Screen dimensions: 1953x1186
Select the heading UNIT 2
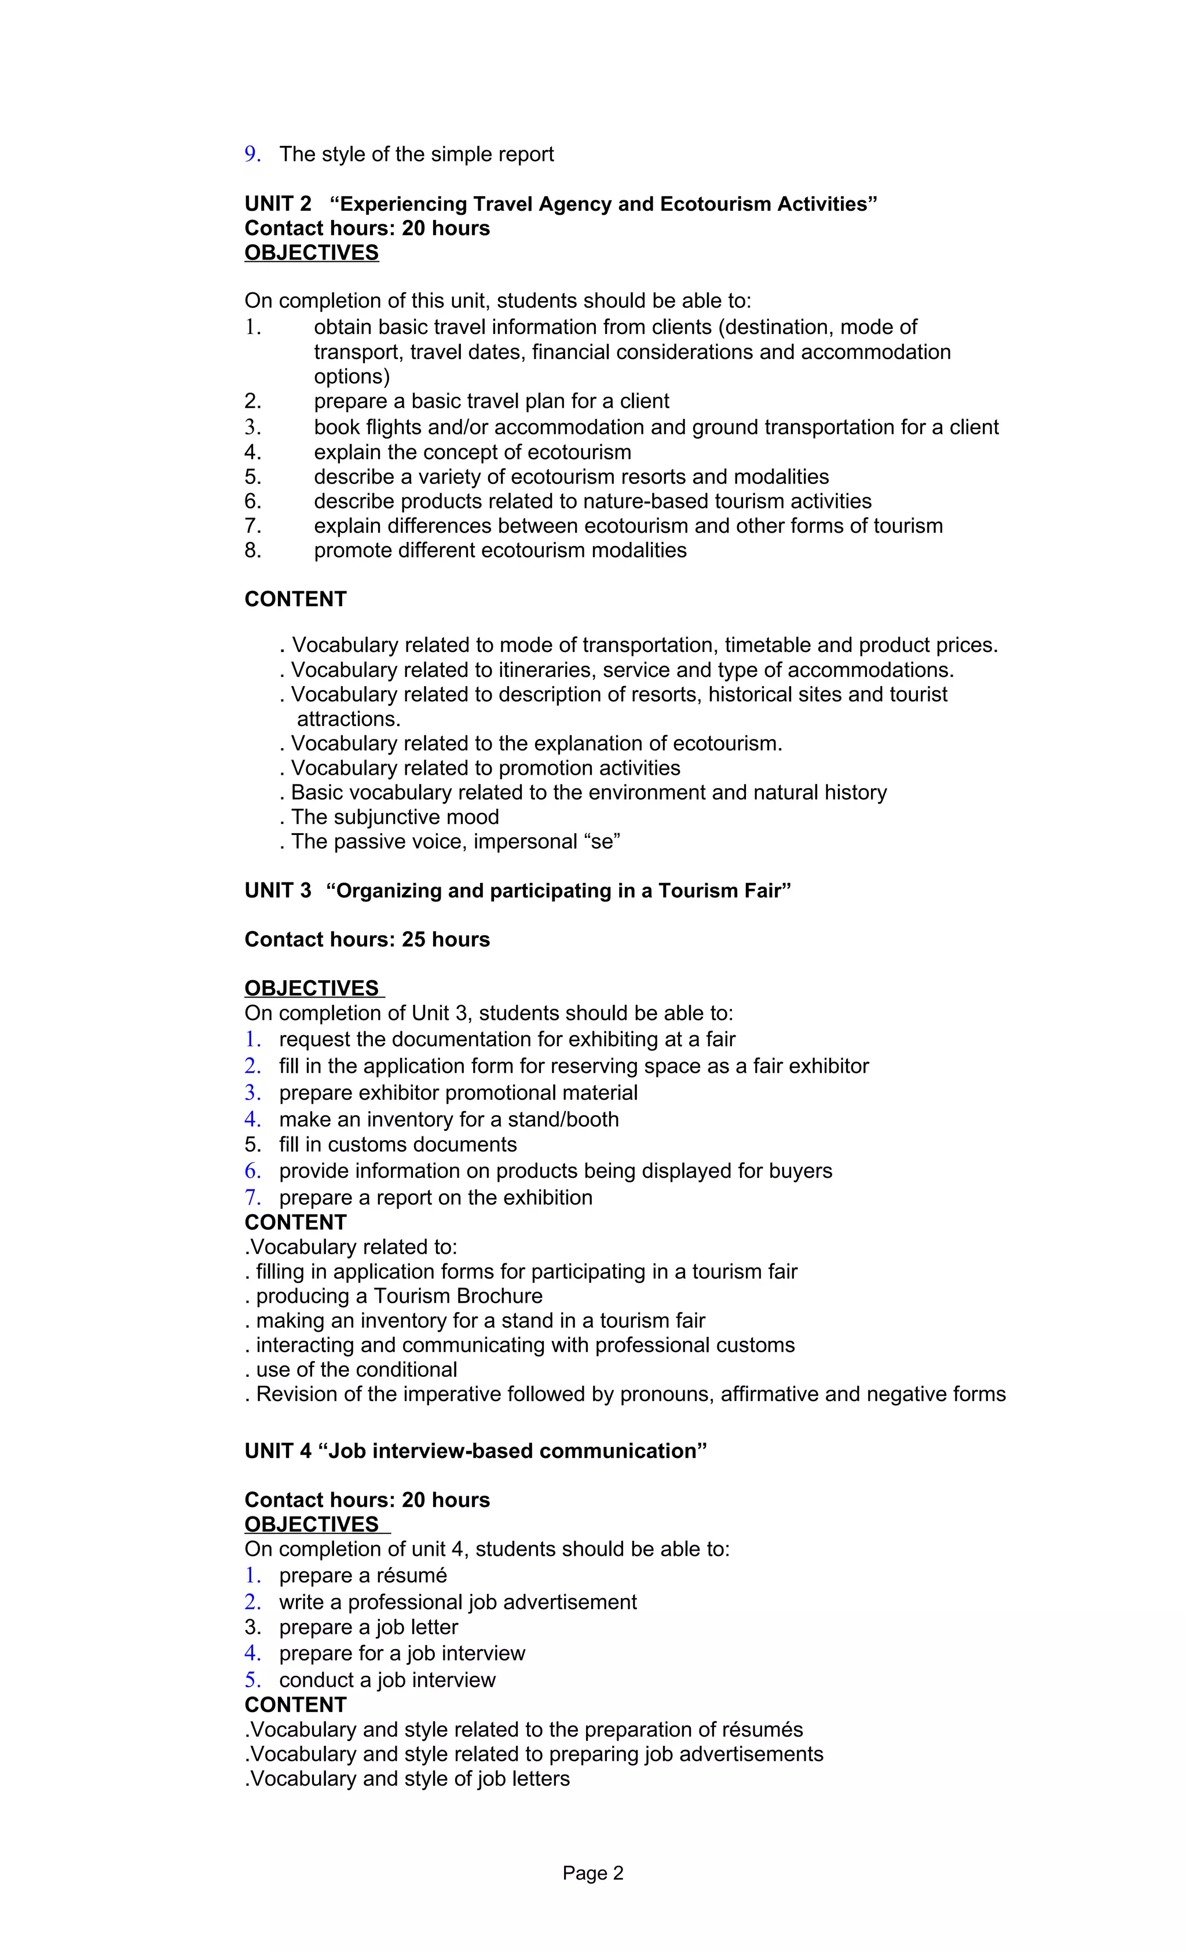point(277,204)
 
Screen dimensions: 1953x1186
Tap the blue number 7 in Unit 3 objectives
point(251,1197)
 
